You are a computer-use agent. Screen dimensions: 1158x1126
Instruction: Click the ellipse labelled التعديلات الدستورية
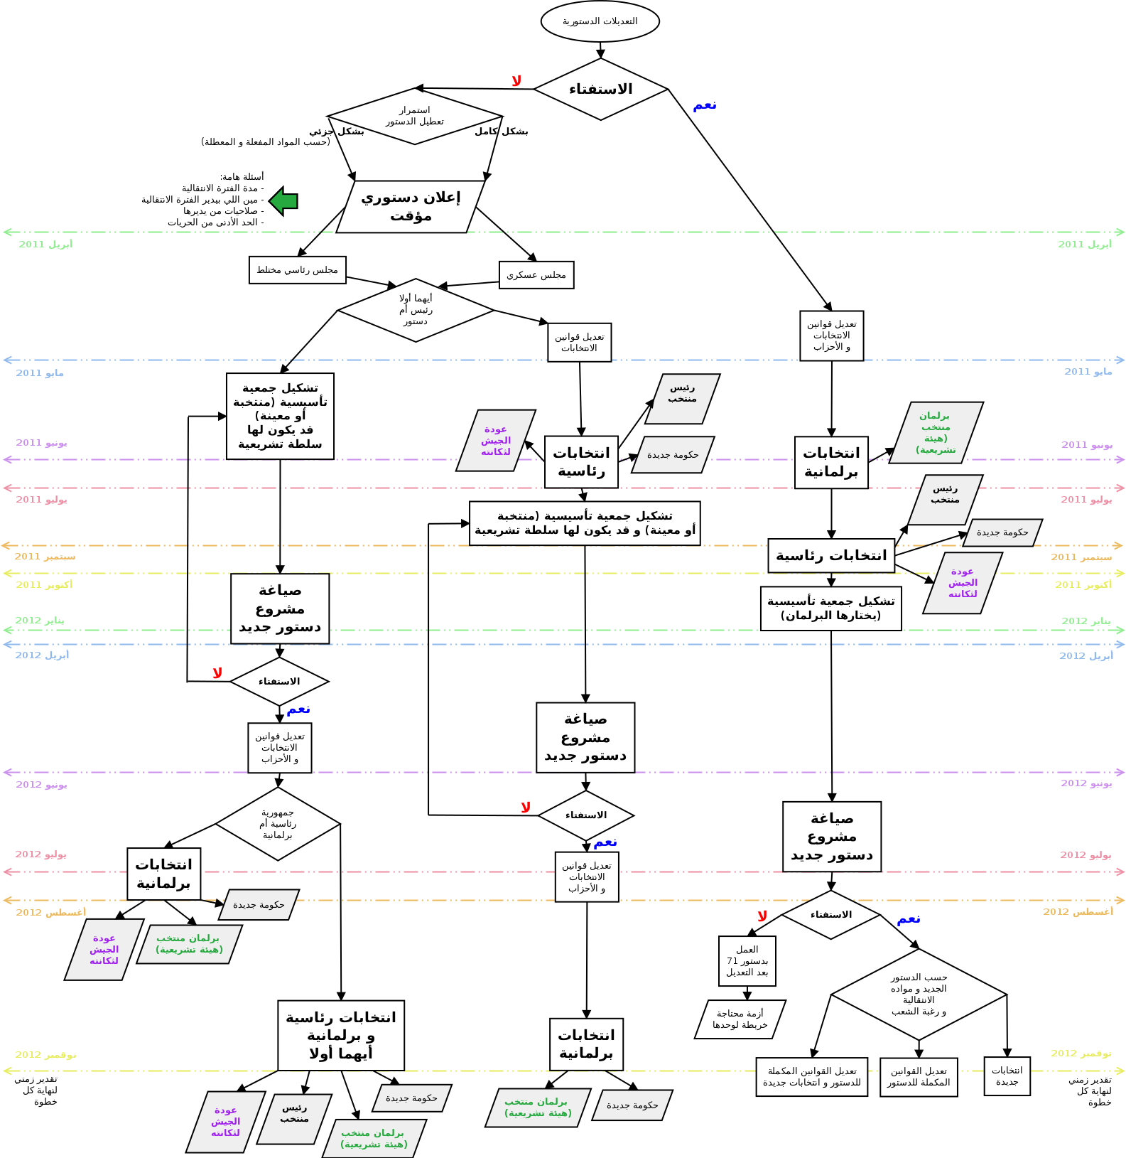[600, 21]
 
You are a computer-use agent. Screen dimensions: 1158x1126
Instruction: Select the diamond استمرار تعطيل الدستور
[414, 116]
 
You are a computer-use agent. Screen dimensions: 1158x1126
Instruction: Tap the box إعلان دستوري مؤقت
[411, 206]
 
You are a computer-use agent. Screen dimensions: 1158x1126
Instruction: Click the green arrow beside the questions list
[283, 201]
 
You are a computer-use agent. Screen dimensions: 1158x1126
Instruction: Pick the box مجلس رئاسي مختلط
[297, 270]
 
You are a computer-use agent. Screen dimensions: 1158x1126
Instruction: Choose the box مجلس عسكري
[536, 275]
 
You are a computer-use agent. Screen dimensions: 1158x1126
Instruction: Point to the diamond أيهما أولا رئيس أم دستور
[416, 310]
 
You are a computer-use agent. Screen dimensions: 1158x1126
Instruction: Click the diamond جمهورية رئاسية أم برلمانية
[278, 823]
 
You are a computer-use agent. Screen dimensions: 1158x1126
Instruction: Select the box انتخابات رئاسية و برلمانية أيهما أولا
[341, 1035]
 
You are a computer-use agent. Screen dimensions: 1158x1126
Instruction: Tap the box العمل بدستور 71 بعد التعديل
[747, 960]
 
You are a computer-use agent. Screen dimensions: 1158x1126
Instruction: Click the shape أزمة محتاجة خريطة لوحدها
[740, 1019]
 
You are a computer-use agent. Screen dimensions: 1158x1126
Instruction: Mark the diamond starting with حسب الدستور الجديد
[919, 994]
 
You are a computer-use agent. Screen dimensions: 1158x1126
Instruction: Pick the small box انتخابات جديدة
[1007, 1076]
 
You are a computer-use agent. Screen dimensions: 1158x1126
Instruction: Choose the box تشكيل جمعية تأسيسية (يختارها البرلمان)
[830, 609]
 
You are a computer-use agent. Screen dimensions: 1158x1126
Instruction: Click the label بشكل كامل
[502, 132]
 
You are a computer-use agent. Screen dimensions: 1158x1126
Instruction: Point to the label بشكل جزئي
[337, 132]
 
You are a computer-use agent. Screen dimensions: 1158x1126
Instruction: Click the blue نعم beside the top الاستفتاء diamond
[704, 106]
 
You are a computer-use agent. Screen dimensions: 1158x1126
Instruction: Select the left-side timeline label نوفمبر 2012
[45, 1055]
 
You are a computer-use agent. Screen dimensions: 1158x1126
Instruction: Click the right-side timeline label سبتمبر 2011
[1081, 557]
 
